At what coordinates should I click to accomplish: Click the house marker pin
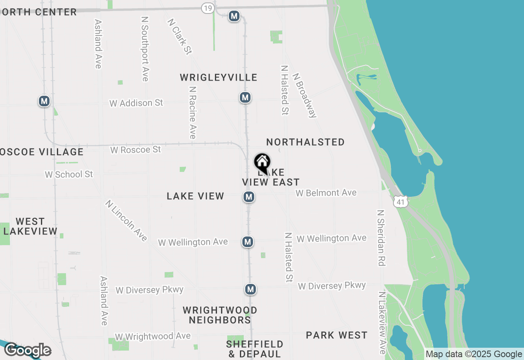[262, 162]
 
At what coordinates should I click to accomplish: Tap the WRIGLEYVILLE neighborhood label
[219, 78]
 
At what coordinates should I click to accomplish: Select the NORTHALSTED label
[305, 142]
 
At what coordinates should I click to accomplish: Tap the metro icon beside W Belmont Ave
[248, 197]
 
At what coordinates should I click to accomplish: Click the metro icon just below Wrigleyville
[245, 97]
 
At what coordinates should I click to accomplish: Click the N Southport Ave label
[145, 49]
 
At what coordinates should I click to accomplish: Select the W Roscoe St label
[136, 150]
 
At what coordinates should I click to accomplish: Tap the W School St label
[69, 175]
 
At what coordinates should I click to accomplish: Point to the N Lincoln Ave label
[126, 220]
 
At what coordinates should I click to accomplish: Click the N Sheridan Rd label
[381, 238]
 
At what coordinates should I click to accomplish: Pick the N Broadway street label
[305, 95]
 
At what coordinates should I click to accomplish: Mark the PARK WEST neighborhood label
[337, 335]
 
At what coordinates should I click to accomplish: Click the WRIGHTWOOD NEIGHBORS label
[220, 315]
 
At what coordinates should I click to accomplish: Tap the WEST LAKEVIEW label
[30, 227]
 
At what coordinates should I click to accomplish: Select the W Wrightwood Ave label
[153, 336]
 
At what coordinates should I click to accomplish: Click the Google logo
[27, 350]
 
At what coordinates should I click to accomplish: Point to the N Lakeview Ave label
[382, 323]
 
